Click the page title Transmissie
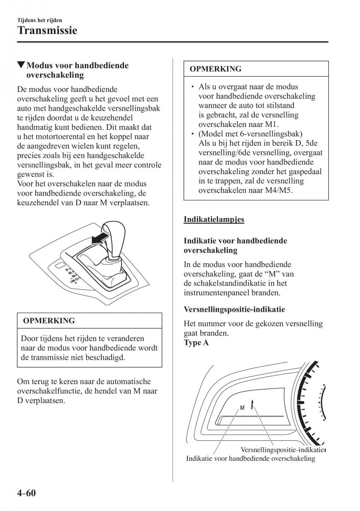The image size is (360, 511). click(47, 31)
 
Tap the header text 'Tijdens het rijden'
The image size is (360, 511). click(39, 20)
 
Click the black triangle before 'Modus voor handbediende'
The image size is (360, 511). click(20, 66)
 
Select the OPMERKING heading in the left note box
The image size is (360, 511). click(49, 321)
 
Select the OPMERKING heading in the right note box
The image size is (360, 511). click(215, 69)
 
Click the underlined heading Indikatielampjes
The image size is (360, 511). click(214, 220)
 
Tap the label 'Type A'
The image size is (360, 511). click(196, 343)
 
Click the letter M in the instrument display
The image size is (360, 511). click(242, 408)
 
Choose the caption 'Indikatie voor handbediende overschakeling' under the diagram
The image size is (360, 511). click(251, 459)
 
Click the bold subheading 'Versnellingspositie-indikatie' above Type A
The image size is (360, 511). click(234, 309)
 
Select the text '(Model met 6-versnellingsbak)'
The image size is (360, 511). click(250, 134)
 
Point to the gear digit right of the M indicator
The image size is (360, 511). click(253, 405)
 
